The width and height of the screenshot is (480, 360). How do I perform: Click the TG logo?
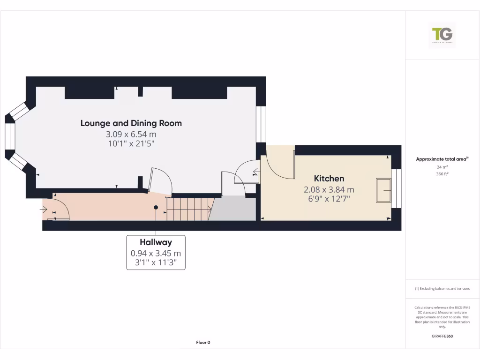(442, 35)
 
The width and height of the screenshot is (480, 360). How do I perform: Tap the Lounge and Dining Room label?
(131, 123)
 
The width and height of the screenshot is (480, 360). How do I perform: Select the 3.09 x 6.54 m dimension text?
(131, 135)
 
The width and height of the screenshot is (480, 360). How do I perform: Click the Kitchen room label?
(329, 179)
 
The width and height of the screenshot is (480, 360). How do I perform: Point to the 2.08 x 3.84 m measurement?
(329, 189)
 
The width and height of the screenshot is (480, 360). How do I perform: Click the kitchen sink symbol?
(383, 190)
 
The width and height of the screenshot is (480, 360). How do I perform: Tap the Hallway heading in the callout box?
(156, 242)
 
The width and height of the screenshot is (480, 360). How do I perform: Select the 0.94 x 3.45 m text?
(156, 253)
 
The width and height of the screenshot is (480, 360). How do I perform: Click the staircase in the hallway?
(187, 209)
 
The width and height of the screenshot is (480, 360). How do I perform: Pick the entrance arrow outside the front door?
(43, 209)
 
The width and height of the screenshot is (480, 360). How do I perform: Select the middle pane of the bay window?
(9, 136)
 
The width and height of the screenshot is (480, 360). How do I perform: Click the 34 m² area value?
(442, 167)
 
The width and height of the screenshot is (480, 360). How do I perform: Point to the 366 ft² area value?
(442, 174)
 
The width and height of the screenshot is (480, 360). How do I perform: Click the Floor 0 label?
(203, 342)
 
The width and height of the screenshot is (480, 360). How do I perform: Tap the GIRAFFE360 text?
(442, 336)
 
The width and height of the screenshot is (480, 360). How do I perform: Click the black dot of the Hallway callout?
(156, 207)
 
